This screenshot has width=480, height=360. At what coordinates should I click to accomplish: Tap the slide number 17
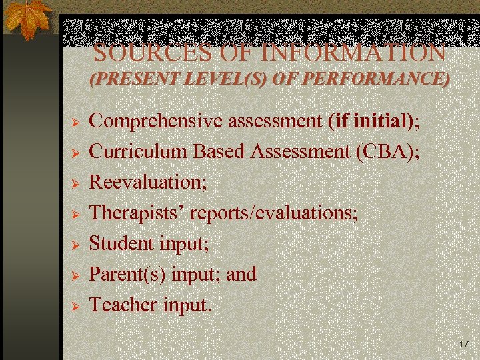click(464, 344)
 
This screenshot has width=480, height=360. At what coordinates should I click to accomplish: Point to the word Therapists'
click(137, 213)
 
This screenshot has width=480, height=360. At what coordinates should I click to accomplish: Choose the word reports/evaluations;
click(274, 213)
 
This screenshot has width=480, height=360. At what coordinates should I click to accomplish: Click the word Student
click(121, 243)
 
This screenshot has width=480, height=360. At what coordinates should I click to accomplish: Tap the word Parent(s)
click(128, 274)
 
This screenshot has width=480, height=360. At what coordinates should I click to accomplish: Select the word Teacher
click(123, 305)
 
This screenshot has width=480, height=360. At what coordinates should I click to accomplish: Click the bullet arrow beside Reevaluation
click(76, 183)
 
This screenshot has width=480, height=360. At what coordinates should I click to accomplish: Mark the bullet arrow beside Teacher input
click(76, 306)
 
